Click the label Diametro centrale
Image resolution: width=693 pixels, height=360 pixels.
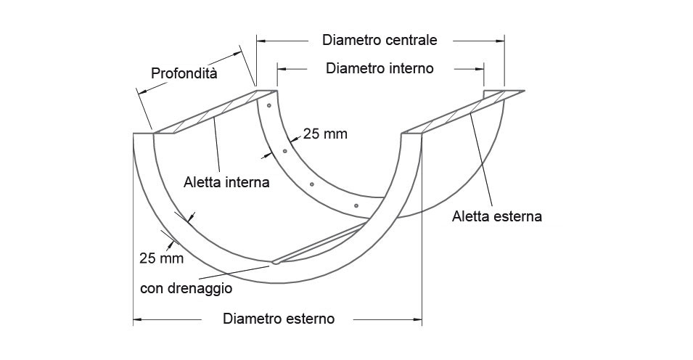(x=380, y=40)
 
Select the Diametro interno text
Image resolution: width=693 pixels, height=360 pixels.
(x=380, y=68)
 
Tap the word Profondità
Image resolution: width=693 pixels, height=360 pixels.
(x=184, y=73)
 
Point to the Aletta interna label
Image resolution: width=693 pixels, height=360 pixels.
(x=226, y=181)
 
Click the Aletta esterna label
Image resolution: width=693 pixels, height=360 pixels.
(x=497, y=216)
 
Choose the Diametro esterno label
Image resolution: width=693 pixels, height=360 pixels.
(x=279, y=319)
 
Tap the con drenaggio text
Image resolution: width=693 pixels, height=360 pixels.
(x=186, y=289)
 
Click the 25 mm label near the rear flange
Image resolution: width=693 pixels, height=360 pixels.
(x=325, y=134)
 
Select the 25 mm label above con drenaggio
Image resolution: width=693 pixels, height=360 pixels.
(x=161, y=258)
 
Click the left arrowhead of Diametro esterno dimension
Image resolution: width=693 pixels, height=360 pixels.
(x=137, y=319)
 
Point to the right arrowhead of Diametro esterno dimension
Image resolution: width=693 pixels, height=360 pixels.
(x=418, y=319)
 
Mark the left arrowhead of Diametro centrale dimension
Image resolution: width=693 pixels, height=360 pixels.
(x=261, y=41)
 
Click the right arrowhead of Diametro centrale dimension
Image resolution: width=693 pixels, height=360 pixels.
(x=500, y=41)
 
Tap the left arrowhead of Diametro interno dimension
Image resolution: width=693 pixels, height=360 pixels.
(x=282, y=69)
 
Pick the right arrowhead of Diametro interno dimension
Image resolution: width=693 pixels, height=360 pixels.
(x=479, y=69)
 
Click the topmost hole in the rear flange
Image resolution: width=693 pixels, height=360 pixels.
(x=268, y=106)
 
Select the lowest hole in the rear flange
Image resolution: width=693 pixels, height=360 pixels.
(x=356, y=205)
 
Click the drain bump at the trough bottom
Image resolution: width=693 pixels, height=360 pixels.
(x=276, y=262)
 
